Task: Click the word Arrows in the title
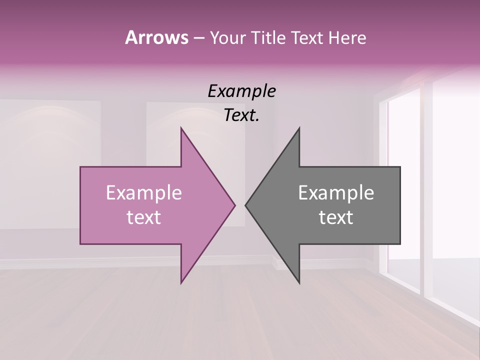156,37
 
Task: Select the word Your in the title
227,38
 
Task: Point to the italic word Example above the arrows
241,91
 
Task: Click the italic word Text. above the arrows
241,115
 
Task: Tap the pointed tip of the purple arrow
235,205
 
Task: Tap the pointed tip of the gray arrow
245,205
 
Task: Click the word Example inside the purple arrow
143,192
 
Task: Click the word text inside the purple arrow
143,217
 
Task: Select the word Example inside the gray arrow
336,192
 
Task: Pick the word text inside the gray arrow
336,217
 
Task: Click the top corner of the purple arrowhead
181,128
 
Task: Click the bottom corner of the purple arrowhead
181,283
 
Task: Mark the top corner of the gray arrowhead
299,128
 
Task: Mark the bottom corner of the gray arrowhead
299,283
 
